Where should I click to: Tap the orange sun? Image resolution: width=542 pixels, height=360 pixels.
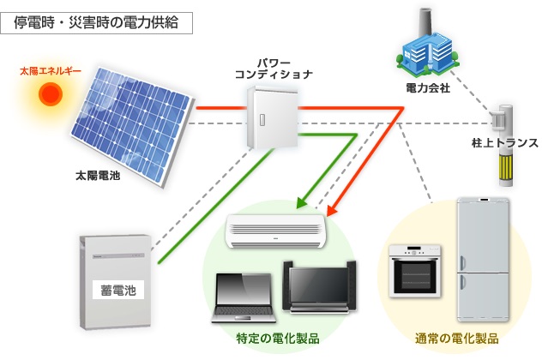(x=50, y=92)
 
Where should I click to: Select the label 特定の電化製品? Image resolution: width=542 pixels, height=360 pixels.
(x=278, y=338)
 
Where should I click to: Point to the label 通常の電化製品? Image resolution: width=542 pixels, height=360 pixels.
(x=456, y=338)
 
